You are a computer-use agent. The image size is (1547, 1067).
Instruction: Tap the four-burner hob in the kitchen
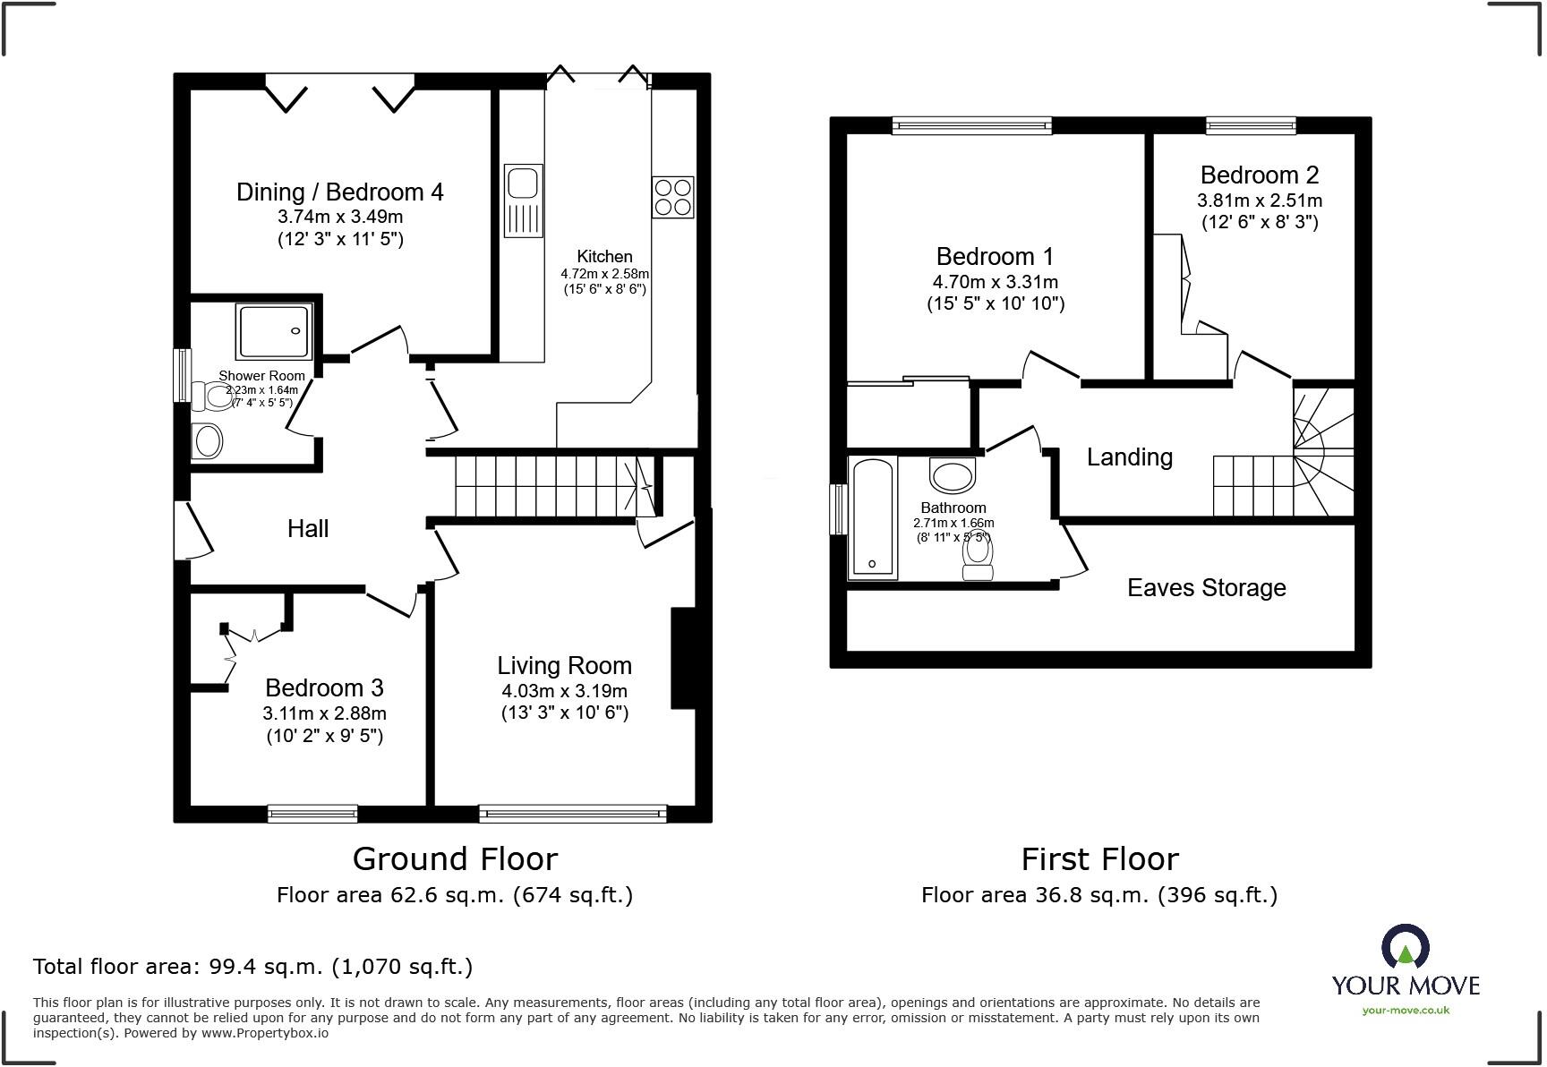point(672,197)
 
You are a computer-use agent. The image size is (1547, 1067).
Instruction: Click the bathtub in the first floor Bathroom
point(872,518)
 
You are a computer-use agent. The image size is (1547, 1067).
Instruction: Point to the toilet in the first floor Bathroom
point(977,560)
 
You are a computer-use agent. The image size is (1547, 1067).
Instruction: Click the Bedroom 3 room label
point(324,687)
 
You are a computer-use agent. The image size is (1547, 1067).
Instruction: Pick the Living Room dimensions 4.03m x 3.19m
point(564,691)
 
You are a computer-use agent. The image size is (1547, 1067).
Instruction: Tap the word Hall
point(308,528)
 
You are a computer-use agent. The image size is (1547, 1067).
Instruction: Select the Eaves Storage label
point(1206,588)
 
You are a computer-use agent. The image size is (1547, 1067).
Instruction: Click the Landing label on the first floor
point(1129,457)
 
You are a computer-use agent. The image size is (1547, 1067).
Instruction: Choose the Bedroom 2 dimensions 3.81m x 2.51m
point(1259,201)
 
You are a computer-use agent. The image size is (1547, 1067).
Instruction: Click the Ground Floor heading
point(455,859)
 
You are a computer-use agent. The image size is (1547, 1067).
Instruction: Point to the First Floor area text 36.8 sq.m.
point(1098,895)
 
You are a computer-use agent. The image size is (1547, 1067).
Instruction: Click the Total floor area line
point(252,967)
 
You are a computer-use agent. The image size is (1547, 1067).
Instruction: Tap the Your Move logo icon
point(1405,947)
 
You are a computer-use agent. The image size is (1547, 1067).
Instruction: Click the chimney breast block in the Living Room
point(683,659)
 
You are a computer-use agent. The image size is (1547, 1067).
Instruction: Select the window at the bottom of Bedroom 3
point(312,814)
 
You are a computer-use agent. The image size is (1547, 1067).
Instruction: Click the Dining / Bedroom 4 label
point(339,192)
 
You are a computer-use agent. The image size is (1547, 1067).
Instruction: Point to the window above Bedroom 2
point(1250,125)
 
